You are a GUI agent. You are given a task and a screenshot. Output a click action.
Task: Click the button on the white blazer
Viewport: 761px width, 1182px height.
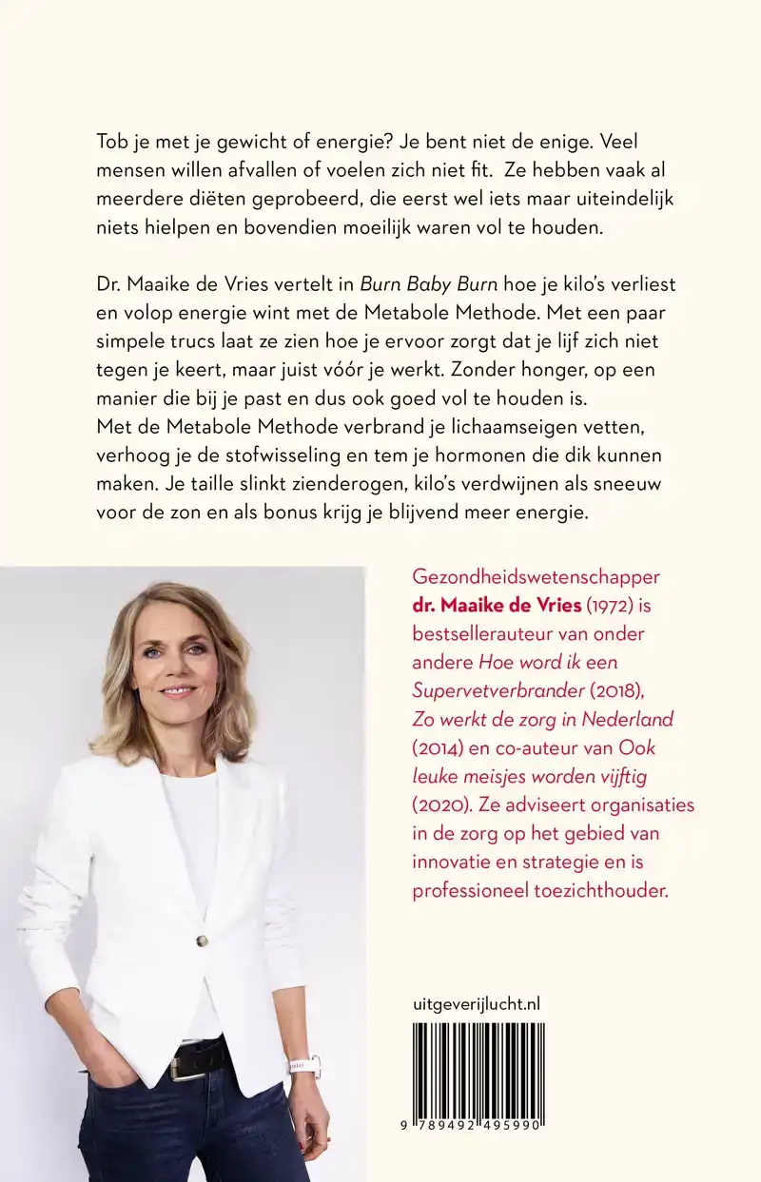click(202, 941)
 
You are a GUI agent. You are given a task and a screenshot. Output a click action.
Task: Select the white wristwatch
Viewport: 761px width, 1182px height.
click(303, 1064)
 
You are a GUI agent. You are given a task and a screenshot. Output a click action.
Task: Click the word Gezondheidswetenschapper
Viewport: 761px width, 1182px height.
click(536, 577)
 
